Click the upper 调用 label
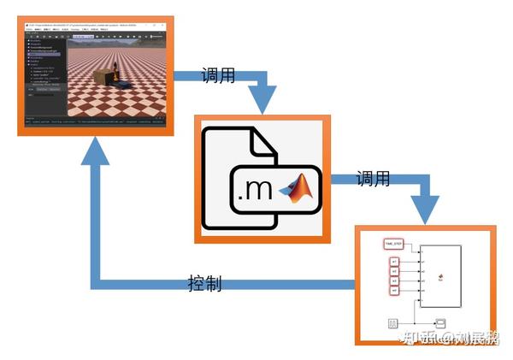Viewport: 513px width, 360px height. coord(217,74)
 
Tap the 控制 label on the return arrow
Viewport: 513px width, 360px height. coord(204,283)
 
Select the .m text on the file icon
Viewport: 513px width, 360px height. coord(254,189)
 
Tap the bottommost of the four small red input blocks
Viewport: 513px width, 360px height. coord(394,291)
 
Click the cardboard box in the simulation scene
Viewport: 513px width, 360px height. coord(103,77)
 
